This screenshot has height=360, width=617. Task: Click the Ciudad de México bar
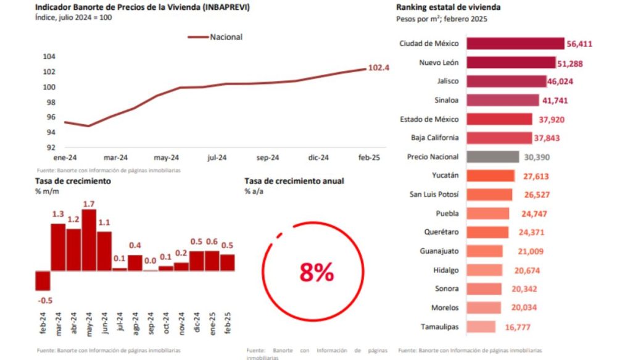click(x=515, y=43)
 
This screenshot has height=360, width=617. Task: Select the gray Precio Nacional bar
click(x=492, y=157)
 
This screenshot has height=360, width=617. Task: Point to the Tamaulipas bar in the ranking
click(x=481, y=327)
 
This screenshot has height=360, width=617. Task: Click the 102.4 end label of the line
click(x=378, y=67)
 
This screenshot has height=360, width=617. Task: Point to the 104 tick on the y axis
click(x=49, y=56)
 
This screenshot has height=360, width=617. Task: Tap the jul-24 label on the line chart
click(x=215, y=157)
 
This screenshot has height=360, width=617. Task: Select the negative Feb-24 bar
click(x=43, y=280)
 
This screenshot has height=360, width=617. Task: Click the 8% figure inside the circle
click(x=317, y=272)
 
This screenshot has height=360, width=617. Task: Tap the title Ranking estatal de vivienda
click(x=448, y=7)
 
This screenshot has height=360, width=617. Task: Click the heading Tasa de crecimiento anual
click(x=294, y=181)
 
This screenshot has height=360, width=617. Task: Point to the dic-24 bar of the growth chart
click(x=197, y=261)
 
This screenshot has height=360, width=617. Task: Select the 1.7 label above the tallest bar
click(x=89, y=204)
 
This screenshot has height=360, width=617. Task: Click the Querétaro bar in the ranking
click(x=487, y=232)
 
